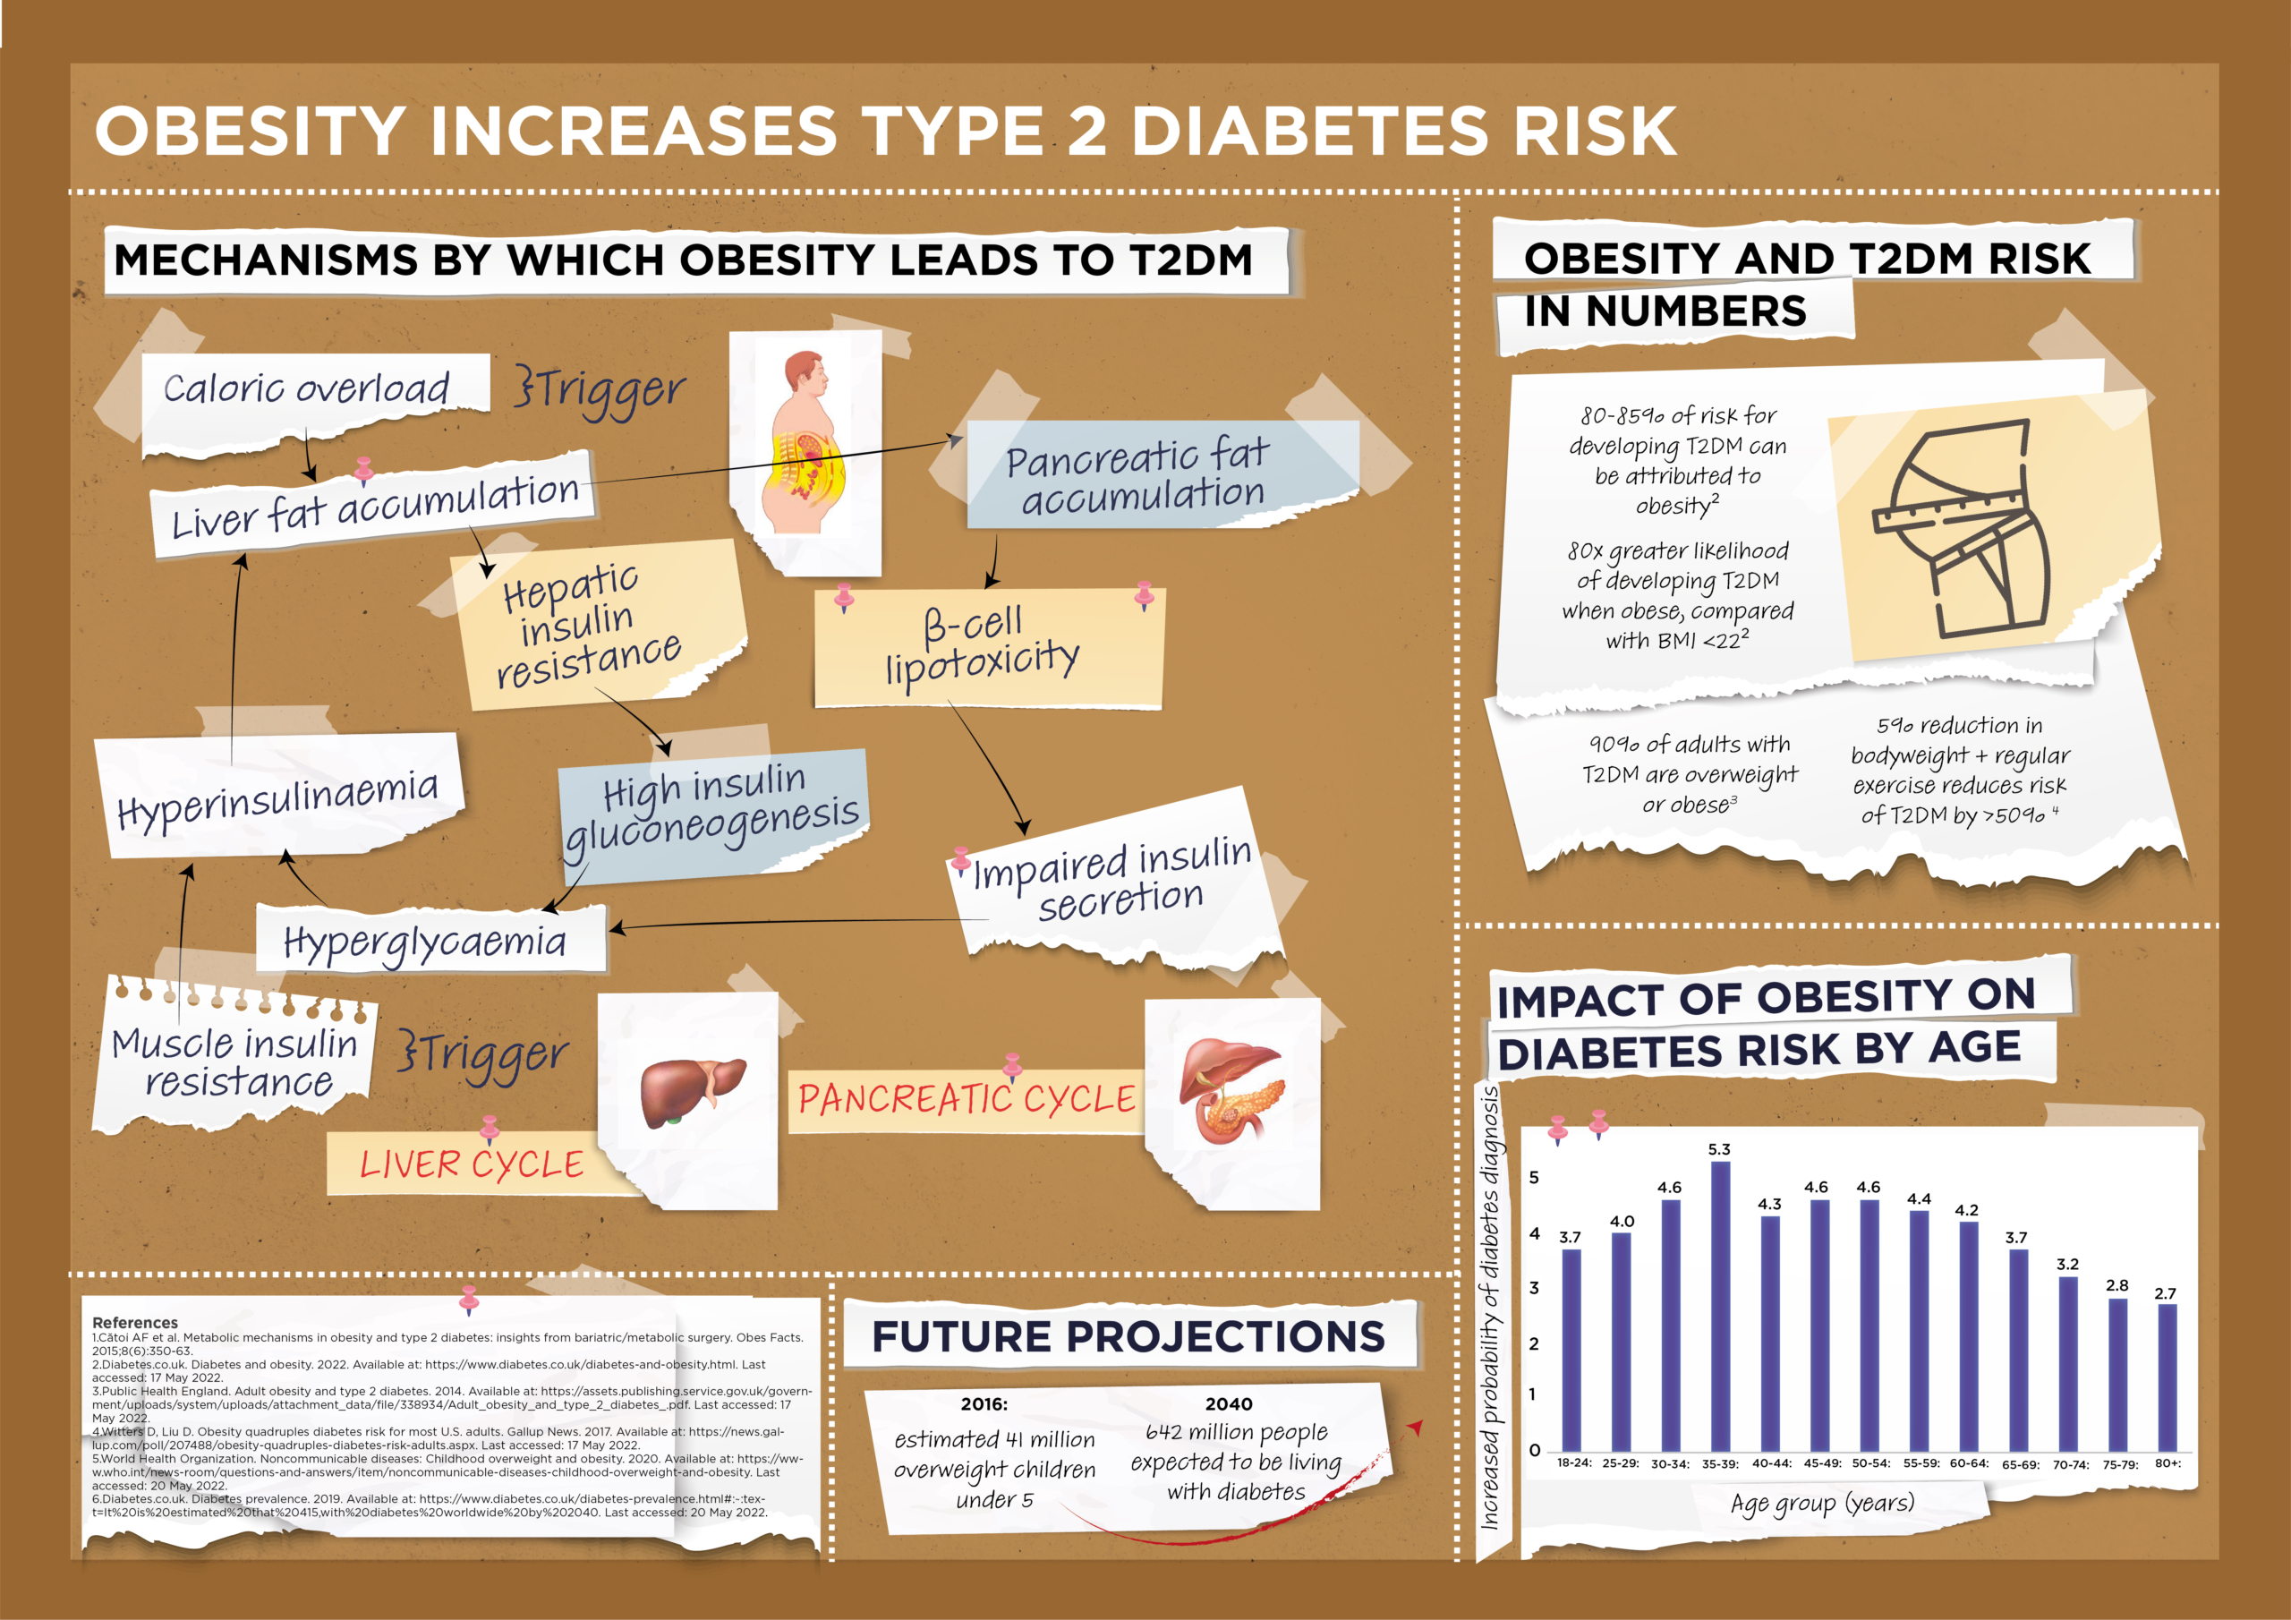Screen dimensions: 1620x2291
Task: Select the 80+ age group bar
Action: tap(2167, 1377)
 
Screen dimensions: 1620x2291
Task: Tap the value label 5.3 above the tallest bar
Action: tap(1719, 1150)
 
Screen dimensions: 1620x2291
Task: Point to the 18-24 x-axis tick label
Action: tap(1573, 1462)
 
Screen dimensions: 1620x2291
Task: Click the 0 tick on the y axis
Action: tap(1535, 1449)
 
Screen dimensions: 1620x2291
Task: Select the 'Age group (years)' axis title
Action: tap(1822, 1504)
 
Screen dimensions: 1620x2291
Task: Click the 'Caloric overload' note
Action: tap(306, 388)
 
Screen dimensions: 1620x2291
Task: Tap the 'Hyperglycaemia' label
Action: tap(425, 942)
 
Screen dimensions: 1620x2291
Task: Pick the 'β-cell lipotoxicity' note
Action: tap(982, 646)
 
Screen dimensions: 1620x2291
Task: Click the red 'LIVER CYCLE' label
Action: tap(472, 1164)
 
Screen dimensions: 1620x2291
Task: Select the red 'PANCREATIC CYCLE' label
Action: tap(966, 1099)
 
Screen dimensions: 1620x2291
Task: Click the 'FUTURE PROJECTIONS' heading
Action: tap(1128, 1336)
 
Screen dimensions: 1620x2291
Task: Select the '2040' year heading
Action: tap(1229, 1403)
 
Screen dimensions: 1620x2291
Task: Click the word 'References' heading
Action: tap(135, 1323)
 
